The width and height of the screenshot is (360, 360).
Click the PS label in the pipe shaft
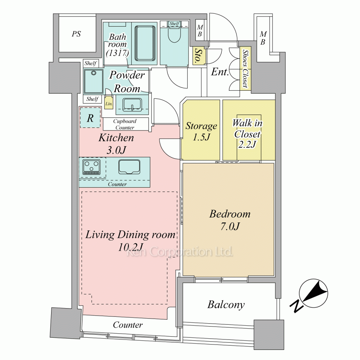[x=76, y=34]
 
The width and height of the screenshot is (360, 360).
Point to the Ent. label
[x=220, y=72]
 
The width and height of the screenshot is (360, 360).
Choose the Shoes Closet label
[x=246, y=68]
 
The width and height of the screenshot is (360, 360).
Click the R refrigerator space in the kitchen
[x=90, y=118]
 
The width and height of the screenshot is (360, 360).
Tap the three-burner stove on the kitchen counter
[x=91, y=167]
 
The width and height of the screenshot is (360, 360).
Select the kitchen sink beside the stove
[x=129, y=167]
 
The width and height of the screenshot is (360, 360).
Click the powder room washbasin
[x=132, y=105]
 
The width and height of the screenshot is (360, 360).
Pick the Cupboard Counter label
[x=125, y=124]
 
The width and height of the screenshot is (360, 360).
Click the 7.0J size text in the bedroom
[x=230, y=226]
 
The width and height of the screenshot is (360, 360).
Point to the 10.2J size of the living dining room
[x=130, y=247]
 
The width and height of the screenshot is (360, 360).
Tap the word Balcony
[x=226, y=305]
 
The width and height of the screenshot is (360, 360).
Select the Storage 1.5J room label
[x=201, y=131]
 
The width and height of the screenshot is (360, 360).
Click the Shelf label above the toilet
[x=174, y=23]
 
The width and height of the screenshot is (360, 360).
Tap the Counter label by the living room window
[x=128, y=325]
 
